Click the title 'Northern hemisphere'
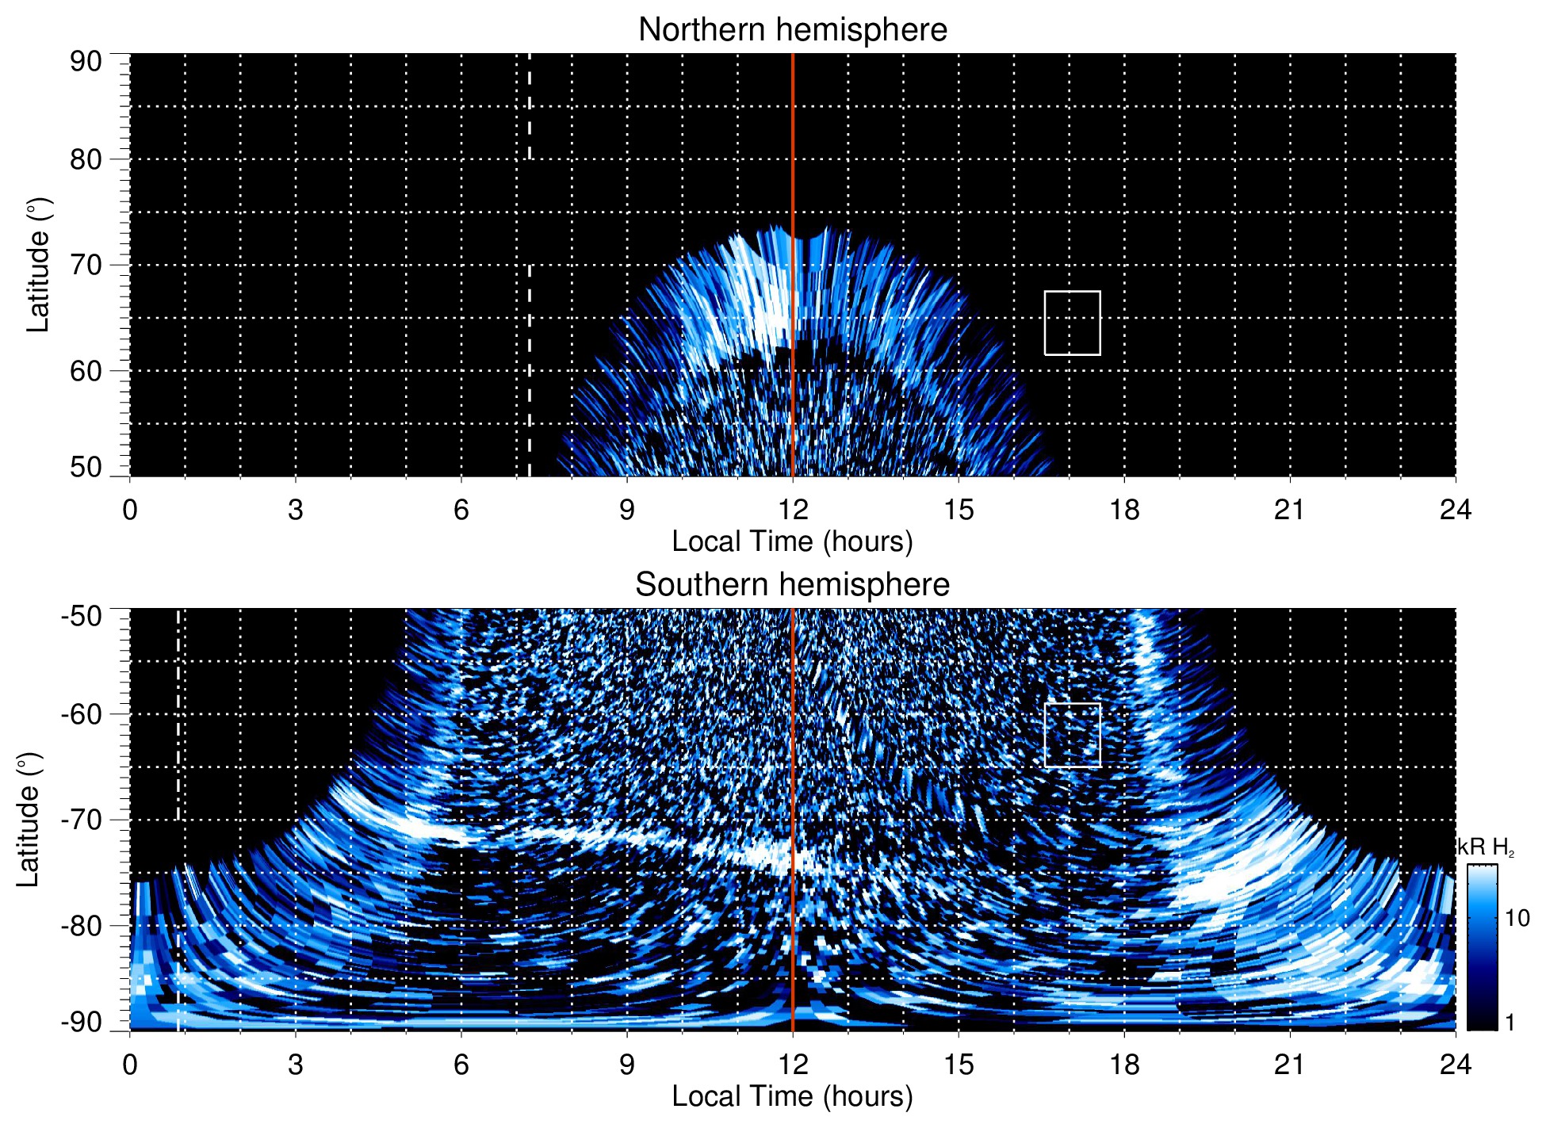click(792, 30)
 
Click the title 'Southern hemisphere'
click(792, 585)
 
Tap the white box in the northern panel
click(1072, 323)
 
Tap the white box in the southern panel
click(1072, 735)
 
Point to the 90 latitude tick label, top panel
click(86, 62)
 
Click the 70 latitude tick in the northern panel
click(86, 265)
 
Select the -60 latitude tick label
click(82, 713)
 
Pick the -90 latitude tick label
click(82, 1023)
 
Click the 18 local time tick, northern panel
click(1124, 510)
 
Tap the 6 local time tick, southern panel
click(461, 1065)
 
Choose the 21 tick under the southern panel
click(1290, 1065)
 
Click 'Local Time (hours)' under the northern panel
click(792, 541)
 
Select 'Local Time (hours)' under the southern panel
click(792, 1096)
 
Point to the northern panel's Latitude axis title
click(38, 265)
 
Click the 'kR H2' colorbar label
click(1486, 847)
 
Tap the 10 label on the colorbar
click(1517, 918)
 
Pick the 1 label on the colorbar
click(1510, 1023)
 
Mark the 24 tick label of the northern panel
click(1455, 510)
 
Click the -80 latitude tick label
click(82, 925)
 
